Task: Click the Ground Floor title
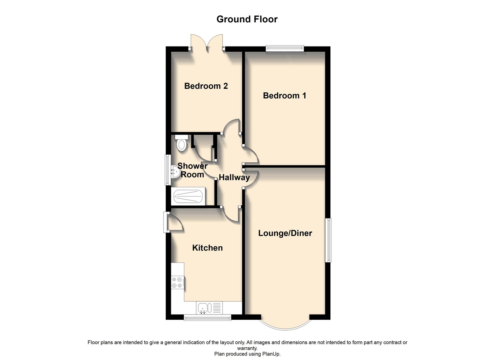[247, 19]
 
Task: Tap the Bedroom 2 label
[206, 86]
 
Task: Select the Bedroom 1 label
[285, 96]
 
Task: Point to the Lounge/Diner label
[285, 233]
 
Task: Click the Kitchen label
[207, 248]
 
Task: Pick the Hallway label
[234, 177]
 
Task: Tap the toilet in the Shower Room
[181, 143]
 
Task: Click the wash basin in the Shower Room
[175, 171]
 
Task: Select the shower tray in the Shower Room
[188, 196]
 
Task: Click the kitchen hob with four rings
[177, 282]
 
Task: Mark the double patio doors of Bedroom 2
[207, 44]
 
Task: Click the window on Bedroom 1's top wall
[285, 47]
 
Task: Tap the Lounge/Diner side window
[329, 240]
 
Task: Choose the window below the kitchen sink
[207, 317]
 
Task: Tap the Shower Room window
[168, 170]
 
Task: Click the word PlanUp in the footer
[271, 354]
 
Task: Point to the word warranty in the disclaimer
[247, 348]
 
